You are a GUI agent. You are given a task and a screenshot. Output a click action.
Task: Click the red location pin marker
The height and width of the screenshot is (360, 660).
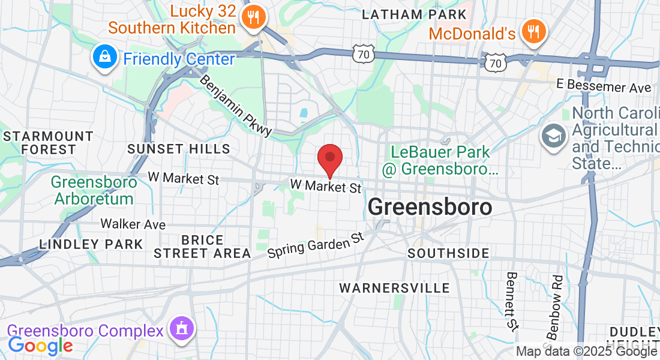(329, 159)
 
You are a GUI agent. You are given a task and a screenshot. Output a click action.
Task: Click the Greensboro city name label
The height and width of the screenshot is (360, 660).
(430, 208)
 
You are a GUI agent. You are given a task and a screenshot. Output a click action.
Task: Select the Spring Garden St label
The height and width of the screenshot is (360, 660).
(316, 245)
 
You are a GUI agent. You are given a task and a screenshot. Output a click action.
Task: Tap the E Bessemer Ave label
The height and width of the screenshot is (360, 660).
(604, 88)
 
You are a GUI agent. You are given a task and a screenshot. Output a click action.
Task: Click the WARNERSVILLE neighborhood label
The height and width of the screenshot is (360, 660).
(394, 288)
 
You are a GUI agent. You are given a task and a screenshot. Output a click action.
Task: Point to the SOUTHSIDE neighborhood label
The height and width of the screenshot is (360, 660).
(448, 253)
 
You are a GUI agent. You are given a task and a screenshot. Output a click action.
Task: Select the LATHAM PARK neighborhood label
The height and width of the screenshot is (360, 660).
(414, 14)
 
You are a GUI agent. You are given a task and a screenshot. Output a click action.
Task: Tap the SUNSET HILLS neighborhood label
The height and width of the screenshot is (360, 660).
(179, 148)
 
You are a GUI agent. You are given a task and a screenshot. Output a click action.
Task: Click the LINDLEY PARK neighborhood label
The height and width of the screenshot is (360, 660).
(91, 244)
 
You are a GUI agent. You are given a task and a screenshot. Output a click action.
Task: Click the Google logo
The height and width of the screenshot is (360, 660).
(40, 346)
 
